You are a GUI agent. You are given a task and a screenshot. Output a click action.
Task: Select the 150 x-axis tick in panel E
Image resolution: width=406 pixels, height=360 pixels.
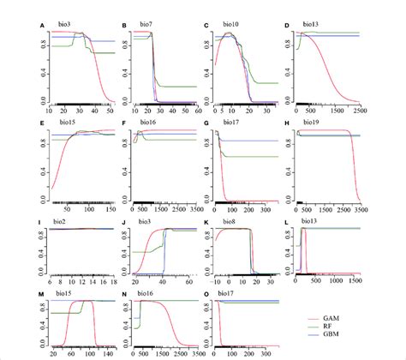[110, 207]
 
